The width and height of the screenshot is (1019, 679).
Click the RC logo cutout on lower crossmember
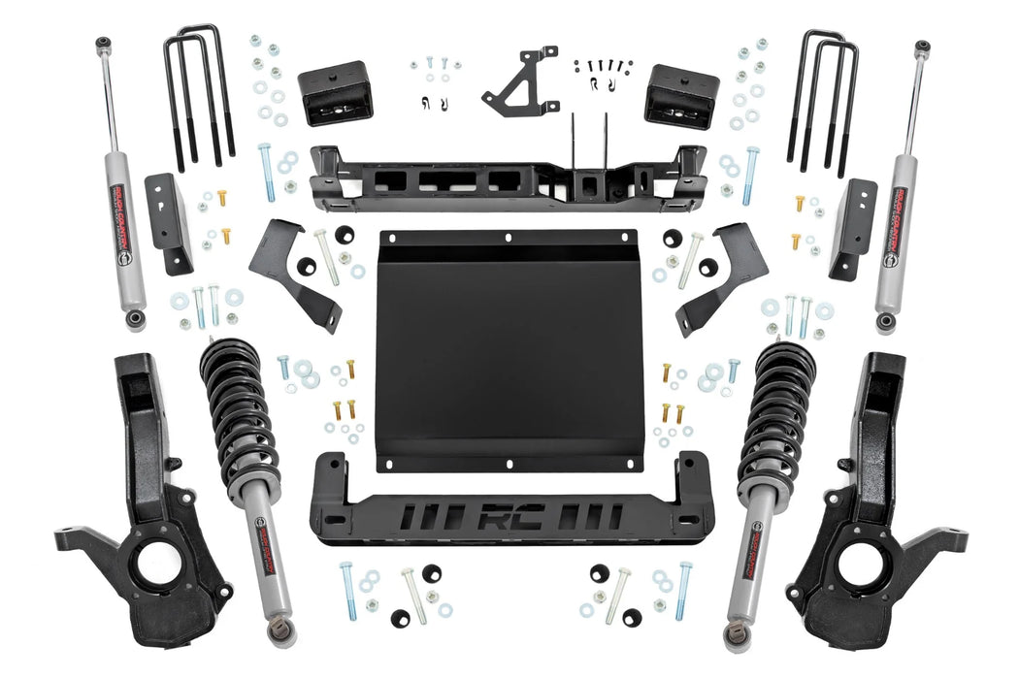509,515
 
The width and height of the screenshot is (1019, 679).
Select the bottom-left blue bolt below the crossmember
347,591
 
